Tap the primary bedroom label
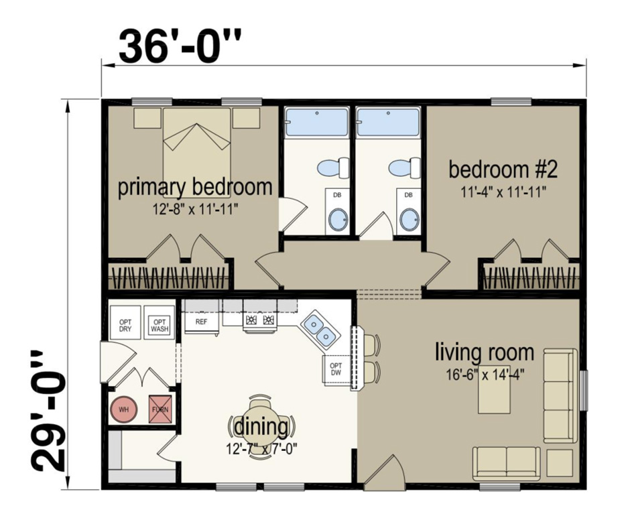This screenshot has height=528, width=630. coord(195,187)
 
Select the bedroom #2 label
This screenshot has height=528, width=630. coord(503,169)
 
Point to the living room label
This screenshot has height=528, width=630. coord(485,351)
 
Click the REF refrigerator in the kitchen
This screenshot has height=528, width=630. coord(201,322)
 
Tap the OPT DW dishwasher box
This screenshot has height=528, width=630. coord(336,369)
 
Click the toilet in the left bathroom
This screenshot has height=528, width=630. coord(333,166)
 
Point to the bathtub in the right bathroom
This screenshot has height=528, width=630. coord(387,123)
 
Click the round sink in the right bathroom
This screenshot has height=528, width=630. coord(408,219)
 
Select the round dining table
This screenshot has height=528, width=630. coord(262,422)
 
